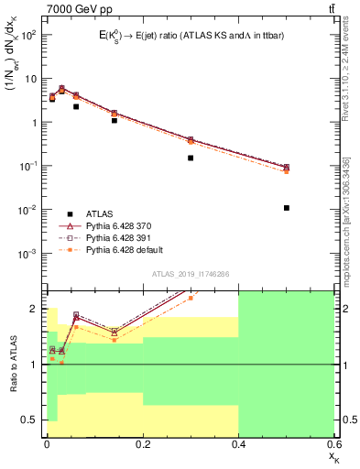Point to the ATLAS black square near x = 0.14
tap(114, 120)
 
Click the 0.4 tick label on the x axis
tap(238, 443)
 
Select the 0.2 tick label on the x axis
tap(142, 443)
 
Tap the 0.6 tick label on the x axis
tap(332, 443)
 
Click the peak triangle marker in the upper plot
tap(61, 89)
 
